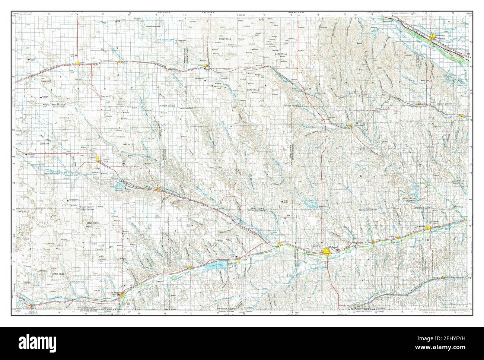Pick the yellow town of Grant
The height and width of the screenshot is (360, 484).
[x=77, y=63]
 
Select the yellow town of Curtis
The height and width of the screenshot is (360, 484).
[x=351, y=126]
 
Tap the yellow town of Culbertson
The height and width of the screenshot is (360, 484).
[x=280, y=244]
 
